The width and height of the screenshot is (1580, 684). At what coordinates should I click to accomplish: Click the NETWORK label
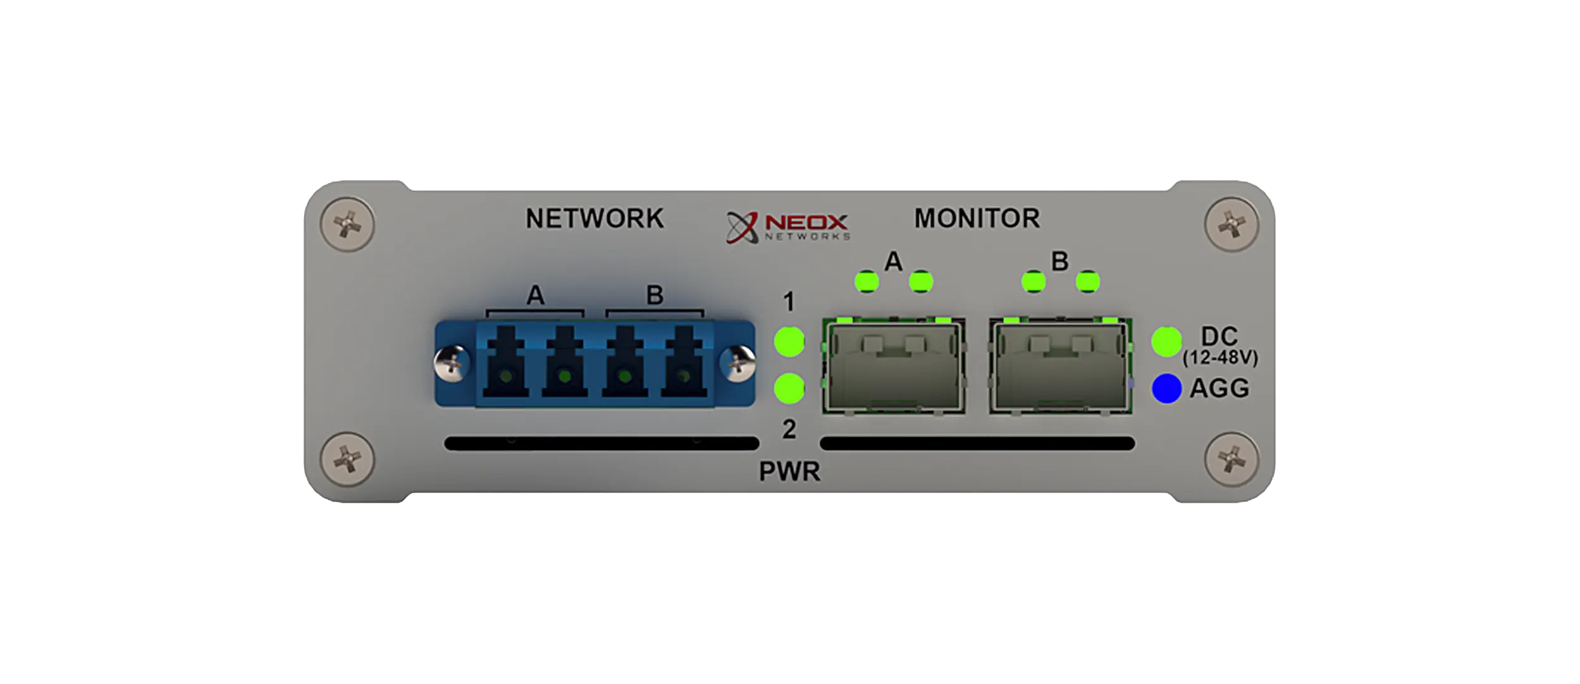[595, 219]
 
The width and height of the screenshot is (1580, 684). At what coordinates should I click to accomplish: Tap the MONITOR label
[977, 219]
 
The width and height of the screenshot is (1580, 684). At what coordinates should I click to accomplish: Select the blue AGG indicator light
[1166, 388]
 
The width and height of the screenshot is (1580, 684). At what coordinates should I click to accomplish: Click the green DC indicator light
[1166, 342]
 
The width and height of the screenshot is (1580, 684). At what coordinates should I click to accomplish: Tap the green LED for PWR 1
[789, 342]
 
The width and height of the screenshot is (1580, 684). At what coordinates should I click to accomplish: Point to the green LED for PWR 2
[789, 388]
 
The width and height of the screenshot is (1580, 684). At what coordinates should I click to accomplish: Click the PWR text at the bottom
[789, 472]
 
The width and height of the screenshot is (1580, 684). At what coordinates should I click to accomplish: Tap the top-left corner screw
[347, 224]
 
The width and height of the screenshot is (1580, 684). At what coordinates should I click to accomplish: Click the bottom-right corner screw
[1231, 459]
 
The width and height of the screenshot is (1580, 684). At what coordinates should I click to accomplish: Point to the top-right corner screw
[1231, 224]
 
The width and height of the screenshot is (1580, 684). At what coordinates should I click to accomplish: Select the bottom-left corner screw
[347, 459]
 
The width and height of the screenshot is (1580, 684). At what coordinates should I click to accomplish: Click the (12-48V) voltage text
[1220, 358]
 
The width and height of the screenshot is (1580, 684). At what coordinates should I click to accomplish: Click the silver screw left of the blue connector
[452, 363]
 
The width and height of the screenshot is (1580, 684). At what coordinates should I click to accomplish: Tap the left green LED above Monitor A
[867, 281]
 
